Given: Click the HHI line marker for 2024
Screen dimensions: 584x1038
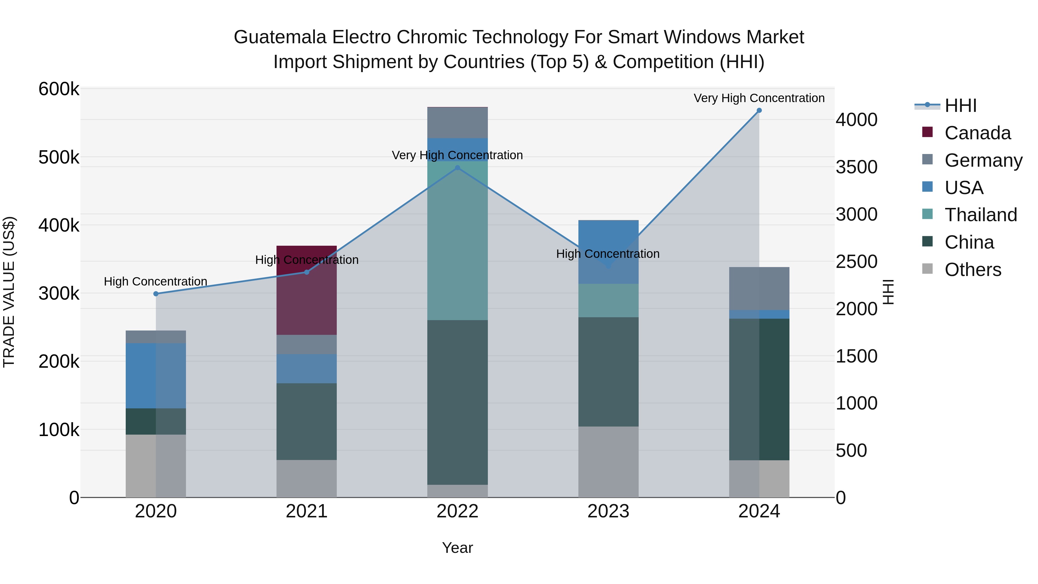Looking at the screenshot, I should pyautogui.click(x=759, y=110).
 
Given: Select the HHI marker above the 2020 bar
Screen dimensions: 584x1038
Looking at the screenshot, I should pyautogui.click(x=156, y=294).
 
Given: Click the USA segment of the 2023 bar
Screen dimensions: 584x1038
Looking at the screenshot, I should pyautogui.click(x=608, y=252).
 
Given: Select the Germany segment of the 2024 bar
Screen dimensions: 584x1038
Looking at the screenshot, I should pyautogui.click(x=759, y=289).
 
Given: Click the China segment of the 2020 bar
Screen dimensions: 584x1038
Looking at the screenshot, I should pyautogui.click(x=156, y=422).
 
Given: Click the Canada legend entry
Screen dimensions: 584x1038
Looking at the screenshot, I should pyautogui.click(x=977, y=133).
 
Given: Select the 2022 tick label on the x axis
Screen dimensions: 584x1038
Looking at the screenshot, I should pyautogui.click(x=457, y=511).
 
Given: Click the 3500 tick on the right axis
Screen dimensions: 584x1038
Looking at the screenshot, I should pyautogui.click(x=856, y=167).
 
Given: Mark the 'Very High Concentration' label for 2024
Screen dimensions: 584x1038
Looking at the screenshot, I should pyautogui.click(x=759, y=98).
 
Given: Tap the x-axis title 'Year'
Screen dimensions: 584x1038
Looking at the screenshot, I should pyautogui.click(x=457, y=548).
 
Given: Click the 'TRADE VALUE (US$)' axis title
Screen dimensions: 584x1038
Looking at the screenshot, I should pyautogui.click(x=9, y=292).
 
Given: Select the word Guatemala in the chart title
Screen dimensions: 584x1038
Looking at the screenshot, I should pyautogui.click(x=280, y=37).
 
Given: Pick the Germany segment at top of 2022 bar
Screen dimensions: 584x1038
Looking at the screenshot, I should pyautogui.click(x=457, y=123).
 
